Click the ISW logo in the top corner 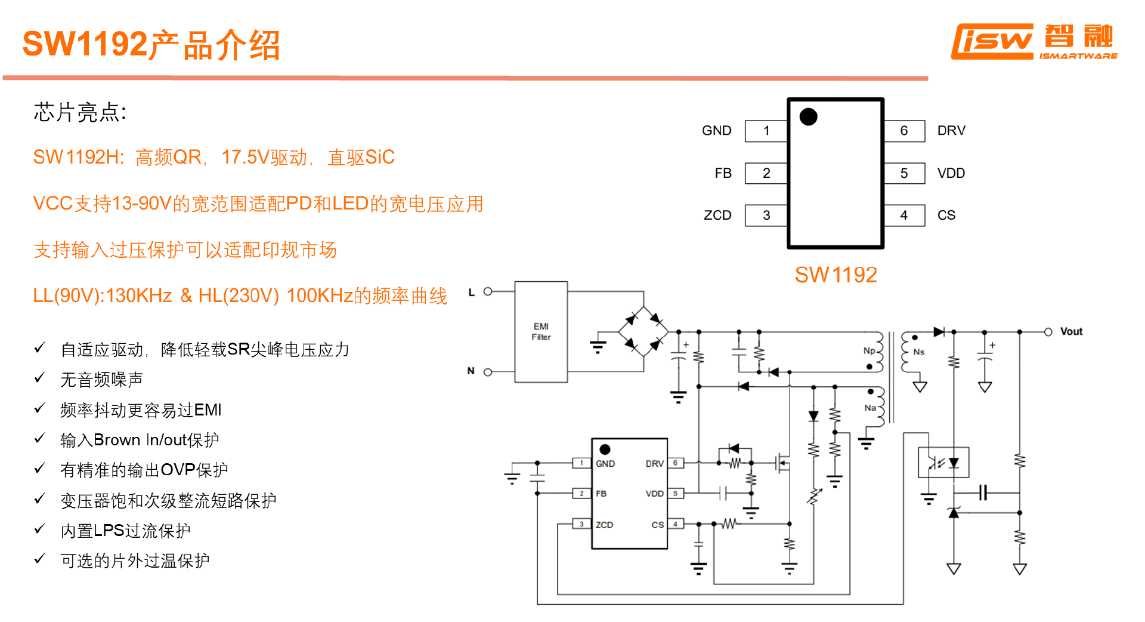click(x=1033, y=42)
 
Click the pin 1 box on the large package click(x=766, y=131)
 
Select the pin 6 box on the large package click(x=904, y=131)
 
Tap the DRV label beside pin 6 click(x=951, y=131)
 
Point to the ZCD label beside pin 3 click(x=717, y=215)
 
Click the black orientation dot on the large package click(x=808, y=117)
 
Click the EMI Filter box click(x=541, y=332)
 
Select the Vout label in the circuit click(x=1071, y=332)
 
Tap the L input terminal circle click(x=488, y=292)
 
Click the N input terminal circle click(x=488, y=372)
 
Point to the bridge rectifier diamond click(x=643, y=331)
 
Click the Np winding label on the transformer click(x=869, y=351)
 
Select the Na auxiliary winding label click(x=870, y=408)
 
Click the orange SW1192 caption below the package click(x=835, y=275)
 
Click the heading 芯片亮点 click(x=79, y=113)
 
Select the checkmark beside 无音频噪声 click(x=40, y=378)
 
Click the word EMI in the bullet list click(x=208, y=410)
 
